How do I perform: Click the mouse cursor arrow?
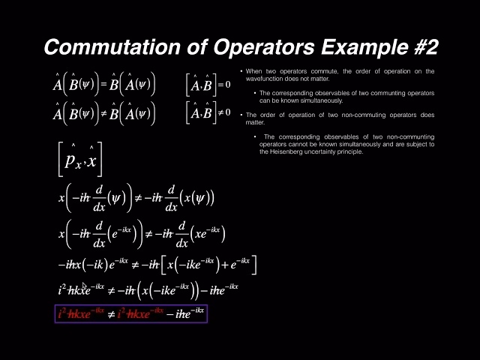click(x=85, y=287)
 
